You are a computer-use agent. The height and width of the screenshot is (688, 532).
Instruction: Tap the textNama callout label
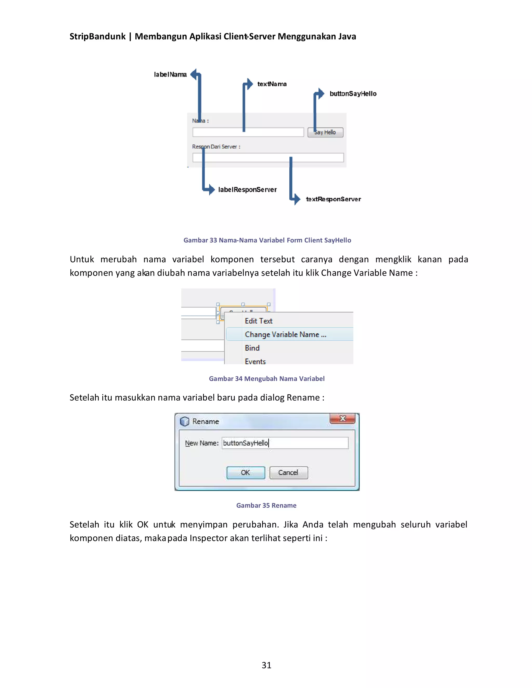272,84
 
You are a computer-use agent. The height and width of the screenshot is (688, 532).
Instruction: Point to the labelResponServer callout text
247,190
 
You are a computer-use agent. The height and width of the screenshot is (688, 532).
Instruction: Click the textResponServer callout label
333,199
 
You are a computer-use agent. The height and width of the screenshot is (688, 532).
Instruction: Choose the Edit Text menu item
258,321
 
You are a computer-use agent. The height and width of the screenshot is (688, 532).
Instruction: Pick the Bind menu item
252,348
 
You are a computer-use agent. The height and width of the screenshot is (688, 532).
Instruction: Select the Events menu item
255,361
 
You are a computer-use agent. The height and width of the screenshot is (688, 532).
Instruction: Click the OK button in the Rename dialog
245,473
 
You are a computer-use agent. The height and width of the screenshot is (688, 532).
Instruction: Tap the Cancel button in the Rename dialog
288,473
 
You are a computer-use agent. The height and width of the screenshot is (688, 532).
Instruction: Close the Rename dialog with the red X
343,418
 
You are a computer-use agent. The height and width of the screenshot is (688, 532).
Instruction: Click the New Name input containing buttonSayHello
285,443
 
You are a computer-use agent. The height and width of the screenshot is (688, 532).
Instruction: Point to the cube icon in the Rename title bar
185,421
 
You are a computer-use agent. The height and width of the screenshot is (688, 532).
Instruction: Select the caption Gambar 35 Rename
266,505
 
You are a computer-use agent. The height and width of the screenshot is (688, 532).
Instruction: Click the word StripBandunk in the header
97,37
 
